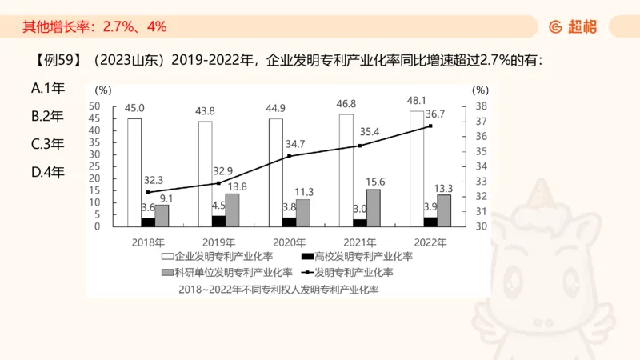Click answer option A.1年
(47, 90)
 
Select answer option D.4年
(47, 171)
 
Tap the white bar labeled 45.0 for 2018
(134, 171)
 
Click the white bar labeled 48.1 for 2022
(417, 168)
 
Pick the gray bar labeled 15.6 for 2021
(374, 207)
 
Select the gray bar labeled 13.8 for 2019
(232, 210)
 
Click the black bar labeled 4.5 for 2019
(218, 221)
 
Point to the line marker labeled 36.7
(430, 126)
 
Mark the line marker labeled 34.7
(289, 156)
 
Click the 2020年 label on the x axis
(289, 242)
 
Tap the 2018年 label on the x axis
(148, 242)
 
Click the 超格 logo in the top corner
(572, 26)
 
